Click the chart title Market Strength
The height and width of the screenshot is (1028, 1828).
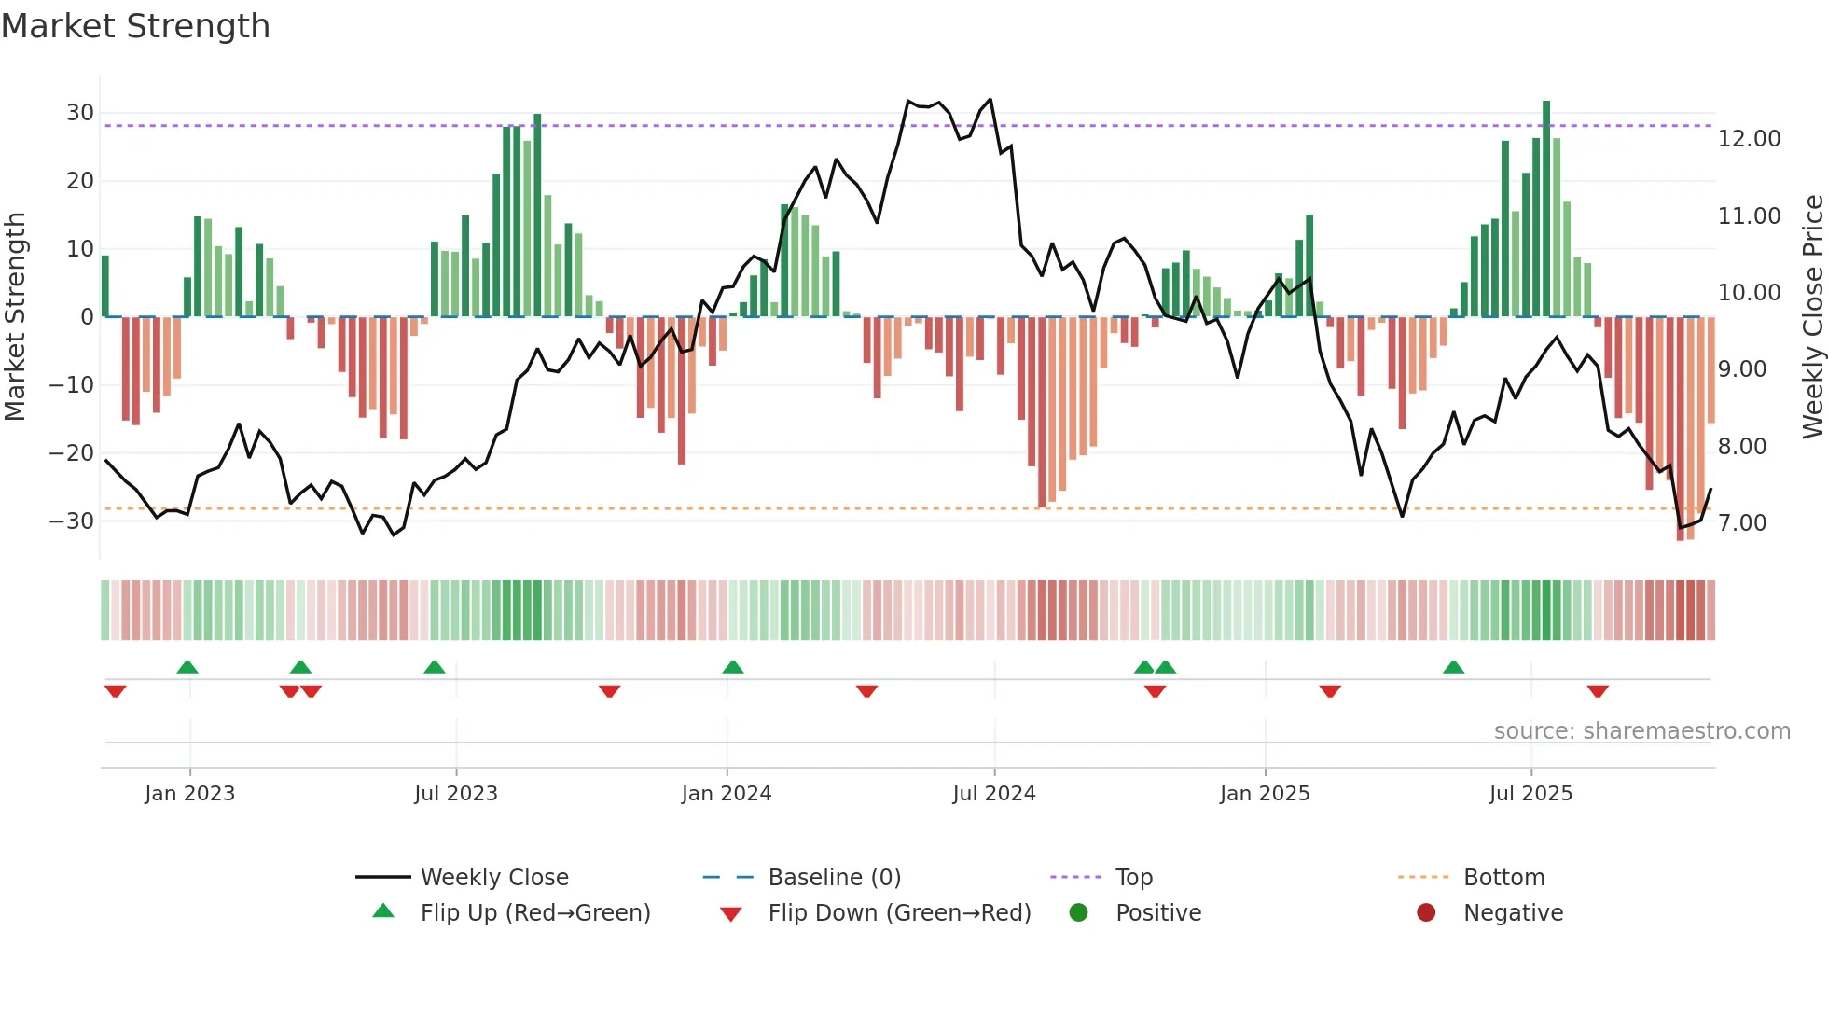click(x=135, y=26)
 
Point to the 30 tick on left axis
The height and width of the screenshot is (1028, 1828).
click(x=80, y=113)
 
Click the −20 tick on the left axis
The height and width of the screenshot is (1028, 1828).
click(x=72, y=453)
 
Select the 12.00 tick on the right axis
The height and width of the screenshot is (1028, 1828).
click(x=1749, y=139)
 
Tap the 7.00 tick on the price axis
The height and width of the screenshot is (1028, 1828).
click(x=1742, y=523)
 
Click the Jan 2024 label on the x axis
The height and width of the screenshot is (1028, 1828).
click(x=727, y=794)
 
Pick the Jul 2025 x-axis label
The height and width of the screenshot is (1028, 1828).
click(x=1530, y=794)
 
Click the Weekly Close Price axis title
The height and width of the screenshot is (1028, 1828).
click(x=1812, y=317)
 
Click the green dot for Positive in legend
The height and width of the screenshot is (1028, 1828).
click(x=1078, y=913)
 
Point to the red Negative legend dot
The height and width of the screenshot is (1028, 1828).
click(x=1426, y=913)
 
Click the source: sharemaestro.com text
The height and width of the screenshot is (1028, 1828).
click(x=1641, y=731)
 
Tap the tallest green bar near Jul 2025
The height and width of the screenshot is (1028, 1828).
click(x=1546, y=210)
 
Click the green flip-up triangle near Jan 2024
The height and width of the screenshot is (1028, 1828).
click(x=733, y=668)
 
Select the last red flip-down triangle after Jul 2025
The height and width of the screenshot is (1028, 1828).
click(x=1598, y=691)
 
